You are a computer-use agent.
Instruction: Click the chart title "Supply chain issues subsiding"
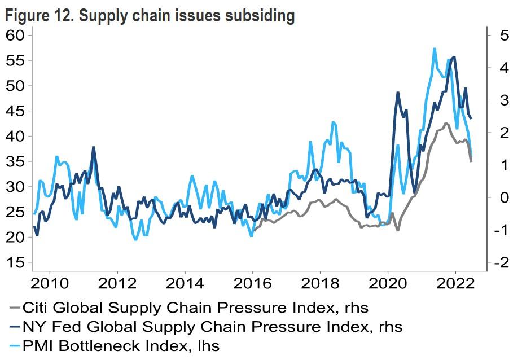point(186,16)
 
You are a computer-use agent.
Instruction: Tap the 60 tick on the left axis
point(16,35)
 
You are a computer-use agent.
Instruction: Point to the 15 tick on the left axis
point(16,263)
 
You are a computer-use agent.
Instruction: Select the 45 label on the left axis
point(16,111)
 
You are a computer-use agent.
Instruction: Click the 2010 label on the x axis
point(50,282)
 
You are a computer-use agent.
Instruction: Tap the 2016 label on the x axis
point(253,282)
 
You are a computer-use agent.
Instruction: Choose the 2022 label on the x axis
point(456,282)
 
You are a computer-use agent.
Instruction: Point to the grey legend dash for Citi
point(15,308)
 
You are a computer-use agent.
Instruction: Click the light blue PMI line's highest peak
point(434,49)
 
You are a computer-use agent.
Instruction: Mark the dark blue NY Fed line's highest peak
point(454,56)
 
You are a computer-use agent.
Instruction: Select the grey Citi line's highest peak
point(446,123)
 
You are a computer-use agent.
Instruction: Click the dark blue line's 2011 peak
point(93,147)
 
